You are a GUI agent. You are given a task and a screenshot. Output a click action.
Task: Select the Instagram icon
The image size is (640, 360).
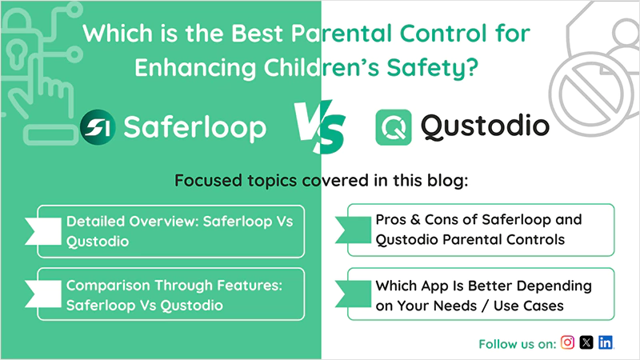(x=567, y=342)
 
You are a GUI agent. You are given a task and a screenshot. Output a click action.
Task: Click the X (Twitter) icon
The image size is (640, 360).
(x=586, y=342)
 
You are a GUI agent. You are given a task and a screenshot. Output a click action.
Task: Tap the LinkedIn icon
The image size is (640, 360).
(x=606, y=342)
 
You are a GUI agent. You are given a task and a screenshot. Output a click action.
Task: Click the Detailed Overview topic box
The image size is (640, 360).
(x=172, y=230)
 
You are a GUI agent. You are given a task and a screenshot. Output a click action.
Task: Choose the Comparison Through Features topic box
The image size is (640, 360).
(x=172, y=294)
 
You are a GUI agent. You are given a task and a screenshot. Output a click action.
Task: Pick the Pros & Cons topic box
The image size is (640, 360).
(x=481, y=230)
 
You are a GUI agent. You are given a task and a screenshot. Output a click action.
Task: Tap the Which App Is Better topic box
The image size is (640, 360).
(x=481, y=294)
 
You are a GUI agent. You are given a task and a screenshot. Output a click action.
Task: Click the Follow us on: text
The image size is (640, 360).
(x=517, y=344)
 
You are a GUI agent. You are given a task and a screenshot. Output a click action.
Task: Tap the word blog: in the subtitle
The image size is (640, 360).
(x=445, y=181)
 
